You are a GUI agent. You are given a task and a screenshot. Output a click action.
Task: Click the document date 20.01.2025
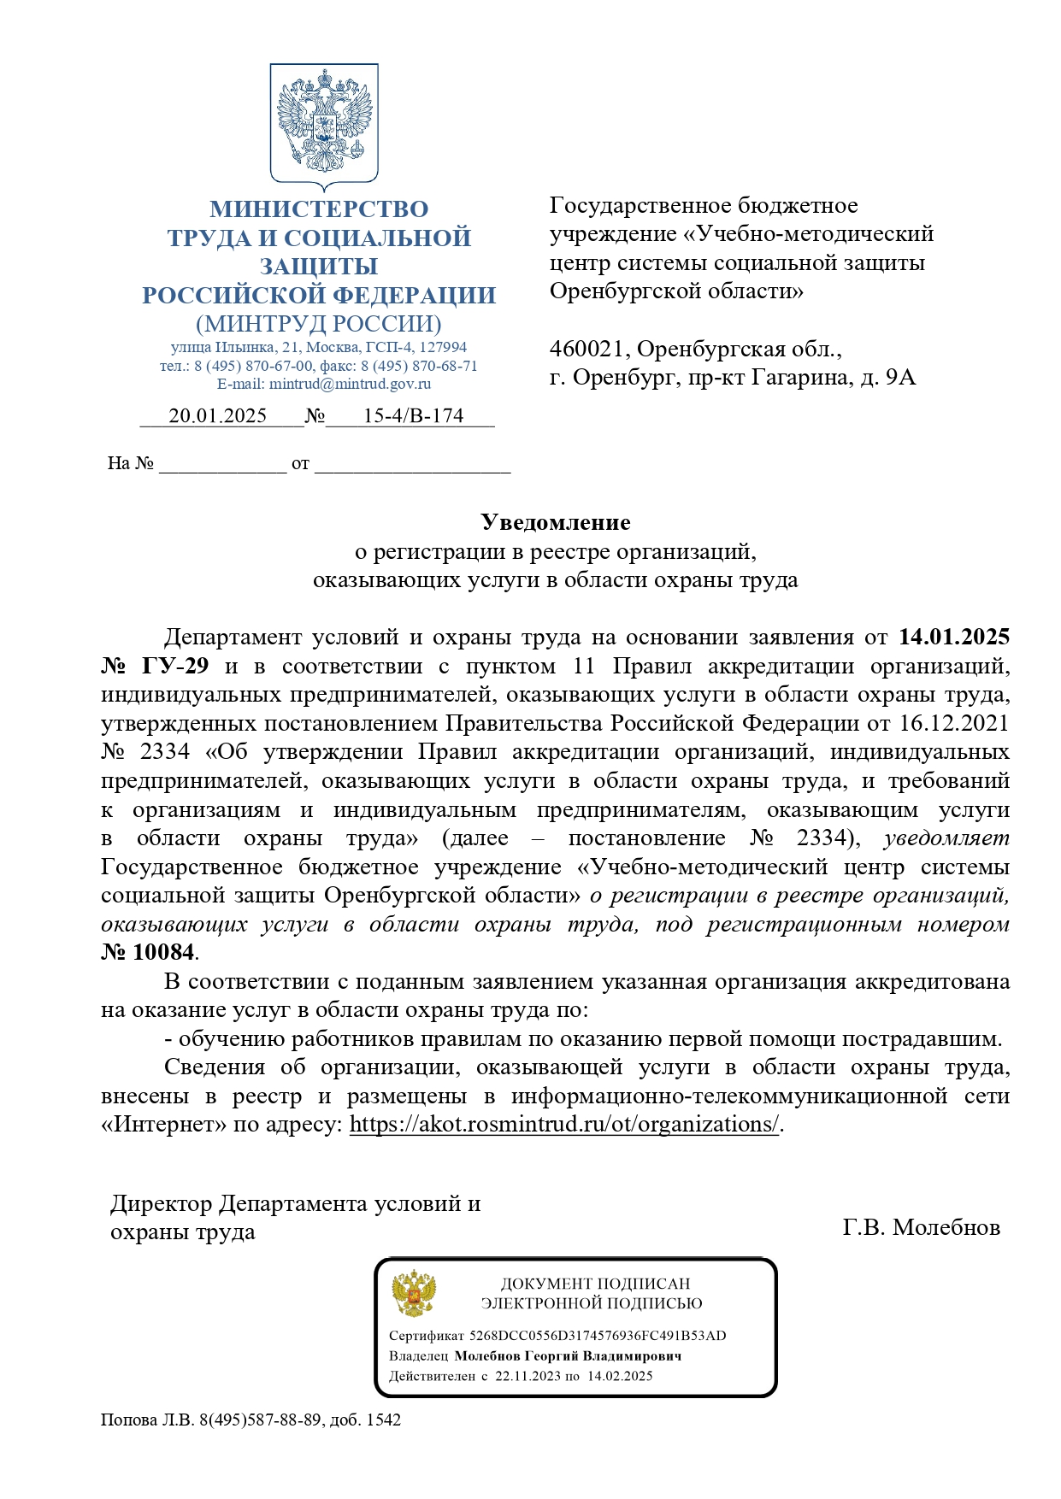217,416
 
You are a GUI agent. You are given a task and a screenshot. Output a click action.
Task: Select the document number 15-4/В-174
413,416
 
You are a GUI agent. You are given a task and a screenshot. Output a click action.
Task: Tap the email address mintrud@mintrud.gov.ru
350,384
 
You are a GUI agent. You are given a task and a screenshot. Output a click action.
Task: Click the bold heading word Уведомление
555,522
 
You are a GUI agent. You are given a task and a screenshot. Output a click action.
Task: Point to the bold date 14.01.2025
954,638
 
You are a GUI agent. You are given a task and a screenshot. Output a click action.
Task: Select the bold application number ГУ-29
174,667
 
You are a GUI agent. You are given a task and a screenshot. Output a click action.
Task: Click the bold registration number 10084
163,952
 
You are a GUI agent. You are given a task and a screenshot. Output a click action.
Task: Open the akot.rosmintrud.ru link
564,1125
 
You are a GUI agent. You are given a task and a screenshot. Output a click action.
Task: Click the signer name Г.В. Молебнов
921,1228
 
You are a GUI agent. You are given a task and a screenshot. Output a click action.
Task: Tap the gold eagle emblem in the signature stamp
414,1293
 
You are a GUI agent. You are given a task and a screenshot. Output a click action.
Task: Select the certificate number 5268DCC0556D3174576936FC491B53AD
598,1336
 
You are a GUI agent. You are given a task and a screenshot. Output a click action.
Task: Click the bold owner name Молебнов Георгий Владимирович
568,1356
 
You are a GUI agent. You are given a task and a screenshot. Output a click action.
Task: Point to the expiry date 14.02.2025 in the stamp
619,1376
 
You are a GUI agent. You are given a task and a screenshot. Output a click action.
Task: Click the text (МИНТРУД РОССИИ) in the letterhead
318,324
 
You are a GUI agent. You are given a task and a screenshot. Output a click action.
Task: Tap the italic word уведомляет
946,838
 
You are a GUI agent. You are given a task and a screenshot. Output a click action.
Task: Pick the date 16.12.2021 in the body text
954,724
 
